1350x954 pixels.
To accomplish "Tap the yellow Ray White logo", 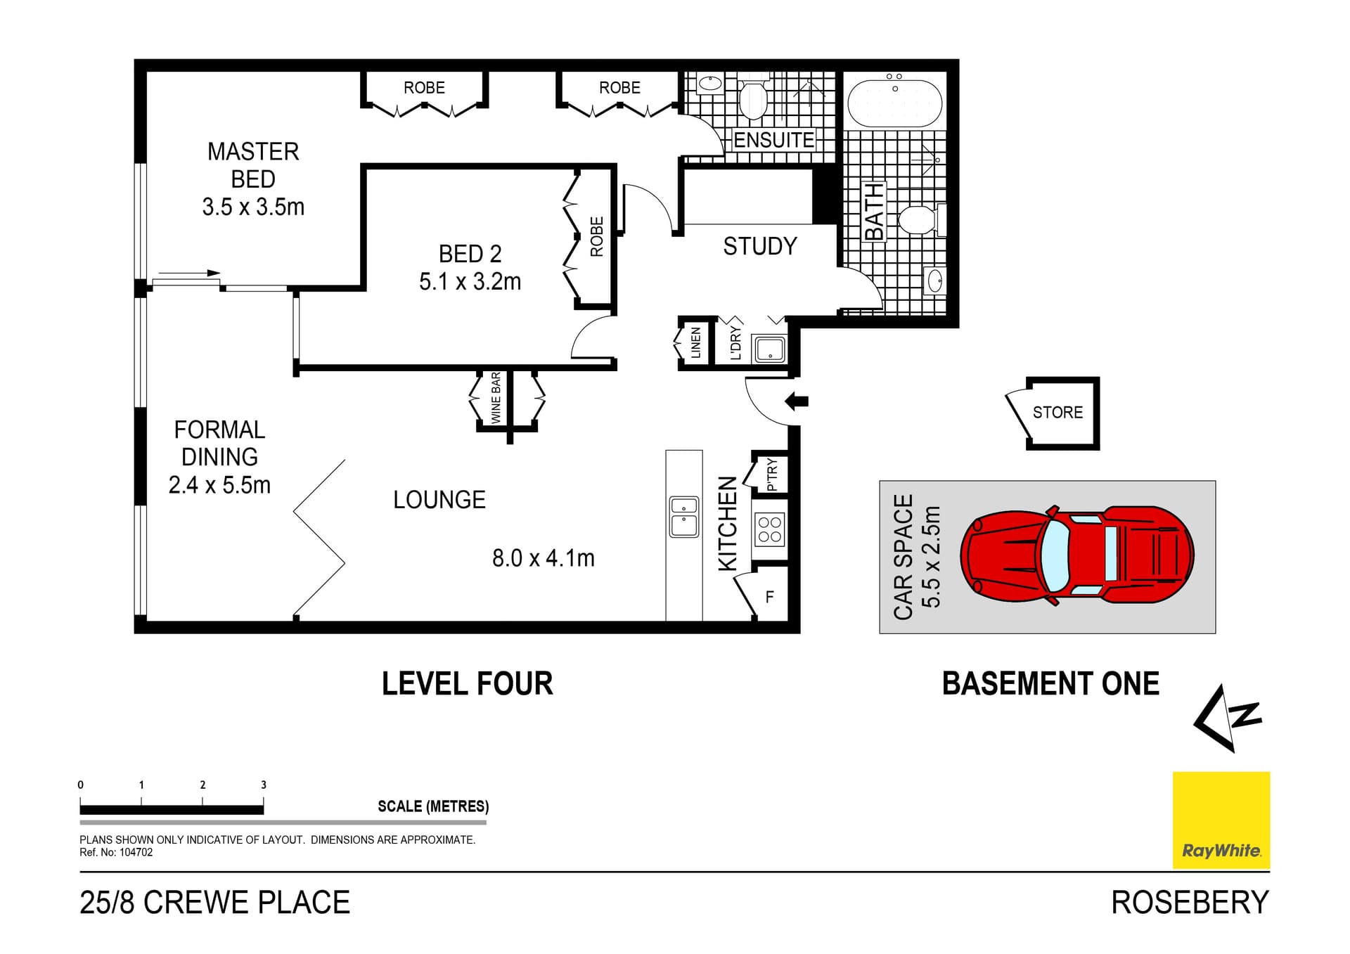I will [1221, 820].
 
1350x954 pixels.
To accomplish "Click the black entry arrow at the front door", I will [797, 401].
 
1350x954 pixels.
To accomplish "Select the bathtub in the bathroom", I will [894, 103].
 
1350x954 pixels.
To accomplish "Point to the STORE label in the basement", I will [1057, 413].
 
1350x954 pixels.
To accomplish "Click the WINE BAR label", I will [496, 398].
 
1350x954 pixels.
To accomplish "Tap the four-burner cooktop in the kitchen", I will [769, 529].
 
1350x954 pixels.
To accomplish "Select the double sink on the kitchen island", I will [683, 516].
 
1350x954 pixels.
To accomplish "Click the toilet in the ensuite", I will [753, 98].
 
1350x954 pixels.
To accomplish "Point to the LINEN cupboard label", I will [696, 343].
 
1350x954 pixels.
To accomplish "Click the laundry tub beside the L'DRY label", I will [769, 348].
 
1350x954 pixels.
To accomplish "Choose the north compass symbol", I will [1228, 718].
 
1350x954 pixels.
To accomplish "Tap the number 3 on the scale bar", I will [264, 785].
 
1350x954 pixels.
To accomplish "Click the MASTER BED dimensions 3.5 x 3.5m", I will [253, 207].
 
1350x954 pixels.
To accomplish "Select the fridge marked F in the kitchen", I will [769, 597].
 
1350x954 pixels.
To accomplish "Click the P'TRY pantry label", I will [772, 474].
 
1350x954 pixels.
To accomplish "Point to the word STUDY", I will [760, 247].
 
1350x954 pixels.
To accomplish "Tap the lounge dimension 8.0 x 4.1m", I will [543, 558].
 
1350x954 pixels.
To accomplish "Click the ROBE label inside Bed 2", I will [596, 237].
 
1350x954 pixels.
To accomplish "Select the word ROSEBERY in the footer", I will [1190, 903].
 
